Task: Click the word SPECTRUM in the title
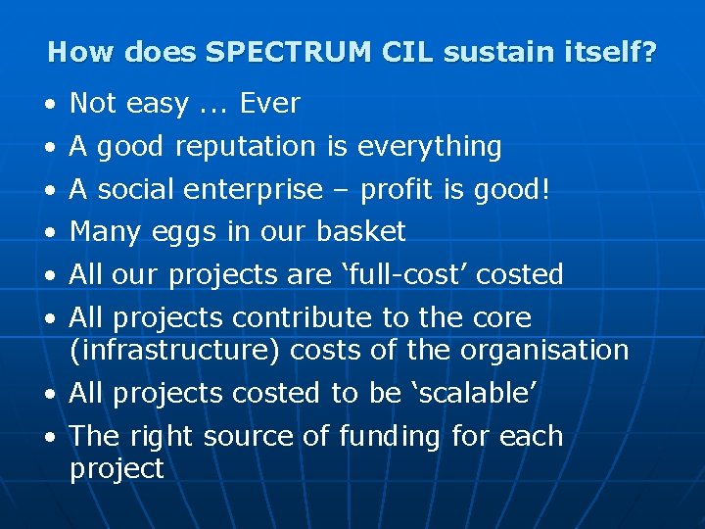[288, 52]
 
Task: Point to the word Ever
[269, 103]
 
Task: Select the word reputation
[247, 147]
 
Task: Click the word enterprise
[247, 189]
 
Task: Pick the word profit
[396, 189]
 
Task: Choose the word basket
[360, 232]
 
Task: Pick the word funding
[389, 436]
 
